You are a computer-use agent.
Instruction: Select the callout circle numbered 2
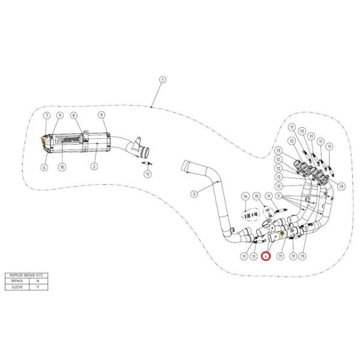pyautogui.click(x=94, y=166)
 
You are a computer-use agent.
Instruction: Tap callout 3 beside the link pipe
pyautogui.click(x=194, y=193)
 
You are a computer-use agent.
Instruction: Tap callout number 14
pyautogui.click(x=245, y=196)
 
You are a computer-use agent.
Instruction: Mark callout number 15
pyautogui.click(x=257, y=196)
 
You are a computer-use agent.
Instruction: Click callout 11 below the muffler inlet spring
pyautogui.click(x=147, y=175)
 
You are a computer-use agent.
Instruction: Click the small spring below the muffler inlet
pyautogui.click(x=145, y=162)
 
